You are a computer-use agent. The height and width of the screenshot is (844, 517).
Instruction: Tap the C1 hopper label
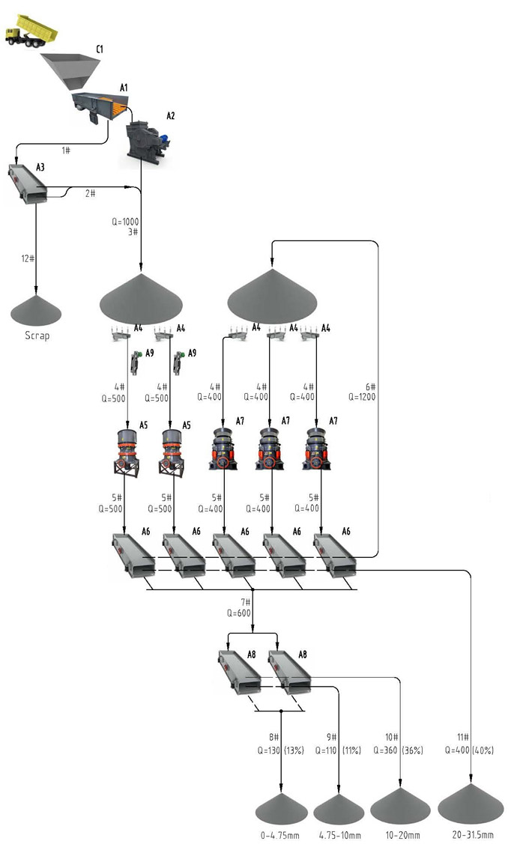point(99,49)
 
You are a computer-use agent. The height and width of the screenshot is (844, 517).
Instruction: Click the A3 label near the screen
point(40,166)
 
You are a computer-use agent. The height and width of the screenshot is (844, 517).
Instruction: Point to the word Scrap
point(37,336)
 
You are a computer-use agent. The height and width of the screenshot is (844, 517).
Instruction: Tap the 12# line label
point(28,258)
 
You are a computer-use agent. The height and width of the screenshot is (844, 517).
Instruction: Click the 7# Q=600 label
point(241,607)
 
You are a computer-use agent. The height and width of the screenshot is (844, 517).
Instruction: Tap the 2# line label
point(89,193)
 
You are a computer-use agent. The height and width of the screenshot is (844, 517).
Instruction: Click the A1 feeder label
point(124,88)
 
